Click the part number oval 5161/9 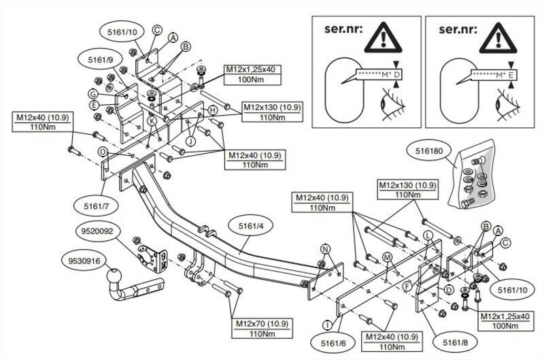(100, 60)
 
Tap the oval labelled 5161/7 (96, 206)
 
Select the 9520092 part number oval (97, 231)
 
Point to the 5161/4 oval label (251, 226)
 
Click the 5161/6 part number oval (333, 344)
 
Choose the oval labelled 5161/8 (455, 343)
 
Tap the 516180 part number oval (429, 150)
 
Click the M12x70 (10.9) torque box (262, 328)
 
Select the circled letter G (93, 94)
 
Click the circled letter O (103, 152)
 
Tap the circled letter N (326, 249)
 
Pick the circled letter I (328, 325)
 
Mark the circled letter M (387, 257)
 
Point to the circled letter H (213, 110)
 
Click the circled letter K (152, 121)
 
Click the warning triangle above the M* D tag (383, 37)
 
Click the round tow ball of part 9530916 (114, 277)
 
